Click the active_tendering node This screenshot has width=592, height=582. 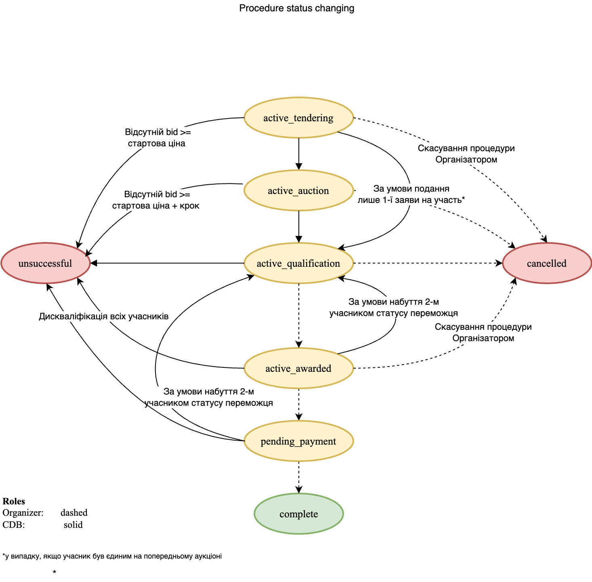coord(299,118)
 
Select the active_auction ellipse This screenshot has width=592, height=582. coord(299,190)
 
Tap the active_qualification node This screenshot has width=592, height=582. coord(299,263)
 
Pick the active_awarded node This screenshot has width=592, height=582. coord(299,368)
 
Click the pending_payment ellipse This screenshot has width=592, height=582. coord(299,441)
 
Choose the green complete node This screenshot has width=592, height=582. coord(299,514)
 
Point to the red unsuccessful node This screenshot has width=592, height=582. coord(45,263)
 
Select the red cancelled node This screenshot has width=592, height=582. coord(547,263)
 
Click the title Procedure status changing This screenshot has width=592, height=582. coord(297,8)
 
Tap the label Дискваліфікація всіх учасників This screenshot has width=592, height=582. coord(104,316)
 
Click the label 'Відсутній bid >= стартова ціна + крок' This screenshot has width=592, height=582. coord(156,200)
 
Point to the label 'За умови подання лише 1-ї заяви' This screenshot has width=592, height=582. coord(411,194)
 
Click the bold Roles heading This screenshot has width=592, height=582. coord(14,501)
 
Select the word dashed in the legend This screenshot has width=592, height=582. coord(74,512)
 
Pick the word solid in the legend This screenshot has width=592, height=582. coord(73,525)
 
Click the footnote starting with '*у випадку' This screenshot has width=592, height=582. coord(112,556)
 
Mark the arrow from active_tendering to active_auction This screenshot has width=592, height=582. coord(299,154)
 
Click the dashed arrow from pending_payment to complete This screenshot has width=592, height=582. coord(299,477)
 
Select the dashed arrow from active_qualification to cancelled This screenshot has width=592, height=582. coord(428,263)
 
